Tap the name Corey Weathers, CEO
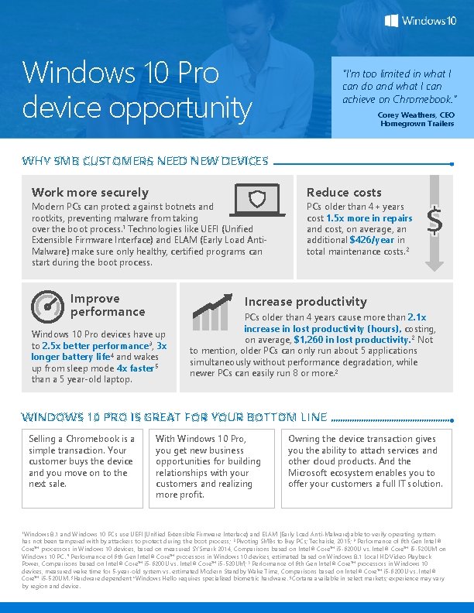(x=410, y=115)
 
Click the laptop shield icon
(x=257, y=199)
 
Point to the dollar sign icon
(x=434, y=222)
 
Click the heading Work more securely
(x=90, y=192)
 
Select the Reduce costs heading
(x=344, y=192)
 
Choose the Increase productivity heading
(x=305, y=301)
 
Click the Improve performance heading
(x=107, y=305)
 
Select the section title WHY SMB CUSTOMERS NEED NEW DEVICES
(x=146, y=161)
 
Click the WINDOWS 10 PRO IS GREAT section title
(x=174, y=417)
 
